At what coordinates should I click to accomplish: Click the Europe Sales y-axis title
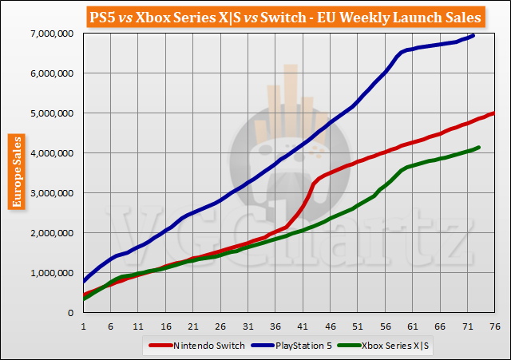[15, 172]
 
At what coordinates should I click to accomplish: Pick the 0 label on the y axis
[70, 313]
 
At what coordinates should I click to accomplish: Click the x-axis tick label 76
[495, 326]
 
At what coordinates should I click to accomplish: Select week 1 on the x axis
[83, 326]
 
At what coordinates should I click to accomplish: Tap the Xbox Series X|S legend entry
[394, 346]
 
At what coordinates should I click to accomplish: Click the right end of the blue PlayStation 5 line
[474, 35]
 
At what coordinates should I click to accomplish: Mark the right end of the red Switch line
[494, 113]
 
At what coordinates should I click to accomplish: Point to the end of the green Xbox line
[479, 147]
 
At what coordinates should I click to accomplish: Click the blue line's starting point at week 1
[83, 281]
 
